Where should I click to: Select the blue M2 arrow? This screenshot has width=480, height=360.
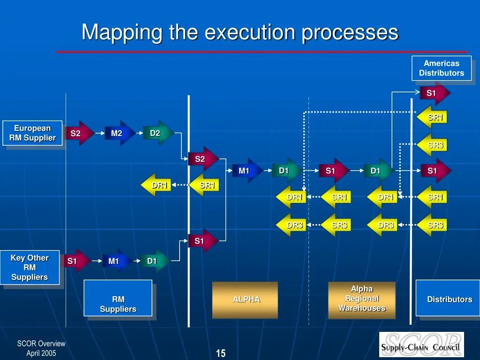point(118,134)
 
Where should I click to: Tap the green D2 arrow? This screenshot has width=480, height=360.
point(157,134)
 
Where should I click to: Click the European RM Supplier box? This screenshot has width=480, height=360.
point(32,133)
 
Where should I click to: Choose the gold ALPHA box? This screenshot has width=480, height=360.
point(245,300)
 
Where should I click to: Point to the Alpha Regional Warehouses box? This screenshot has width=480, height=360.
point(361,299)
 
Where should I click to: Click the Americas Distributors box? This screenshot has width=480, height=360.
point(441,68)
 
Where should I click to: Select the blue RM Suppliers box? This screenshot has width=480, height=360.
point(118,298)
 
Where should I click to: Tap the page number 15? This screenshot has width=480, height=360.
point(220,353)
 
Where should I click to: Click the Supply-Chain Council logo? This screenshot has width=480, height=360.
point(421,344)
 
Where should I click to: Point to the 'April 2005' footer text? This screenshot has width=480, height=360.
point(41,353)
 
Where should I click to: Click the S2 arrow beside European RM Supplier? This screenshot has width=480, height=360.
point(77,134)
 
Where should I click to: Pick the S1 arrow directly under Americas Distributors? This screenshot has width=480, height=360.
point(433,93)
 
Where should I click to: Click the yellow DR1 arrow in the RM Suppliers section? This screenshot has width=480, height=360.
point(157,185)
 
